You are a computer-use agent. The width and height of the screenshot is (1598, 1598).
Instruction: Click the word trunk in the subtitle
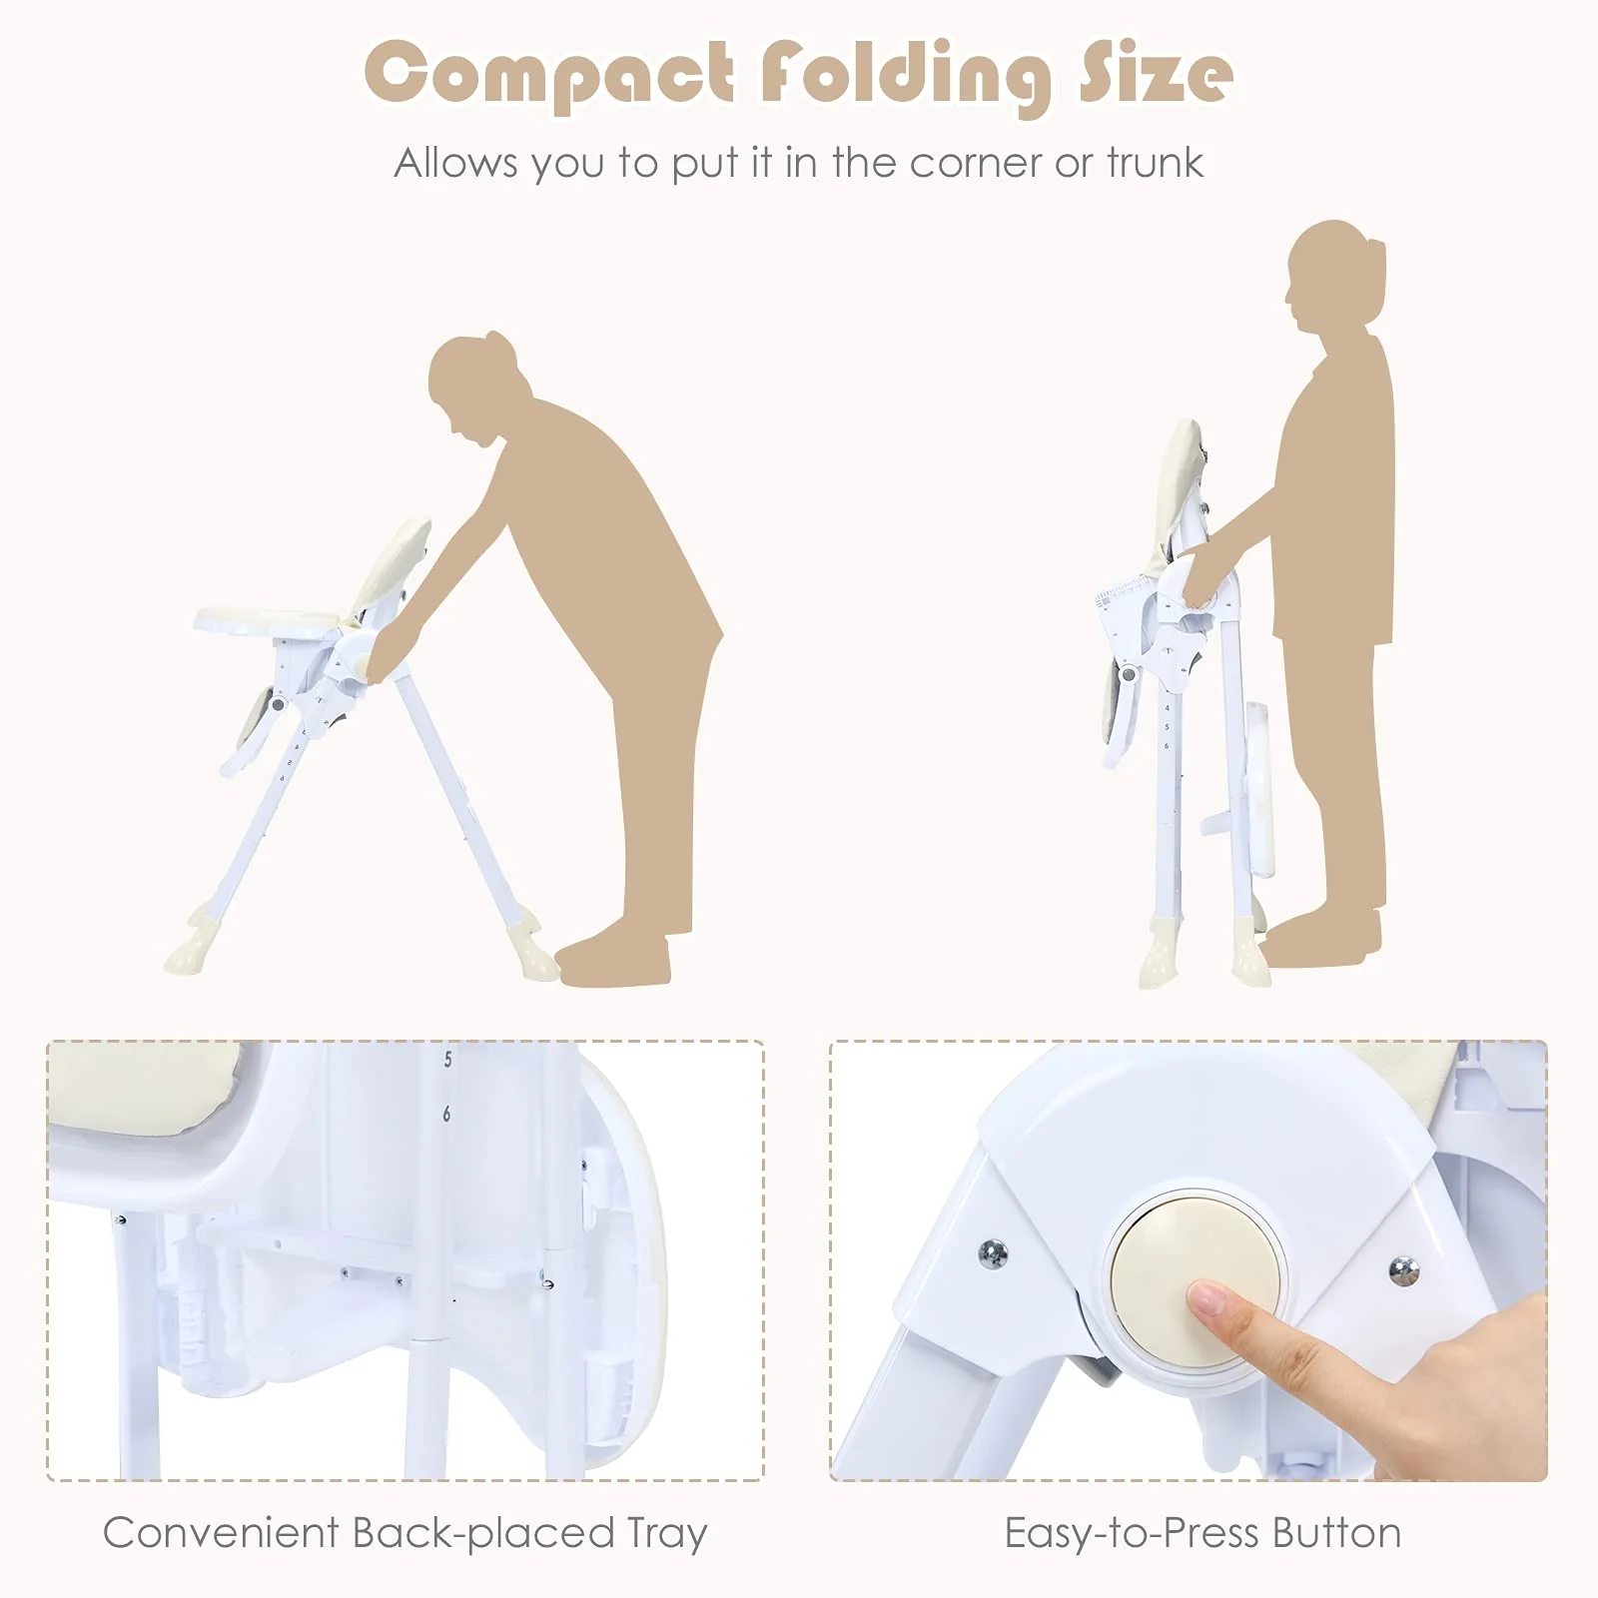point(1155,162)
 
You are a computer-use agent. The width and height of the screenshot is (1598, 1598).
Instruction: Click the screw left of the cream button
point(993,1253)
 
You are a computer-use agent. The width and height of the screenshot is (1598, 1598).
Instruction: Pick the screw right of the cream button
point(1404,1270)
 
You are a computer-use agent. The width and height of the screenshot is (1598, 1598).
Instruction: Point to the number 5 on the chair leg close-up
point(447,1060)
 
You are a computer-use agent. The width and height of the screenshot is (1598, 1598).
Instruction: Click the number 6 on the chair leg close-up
point(446,1114)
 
